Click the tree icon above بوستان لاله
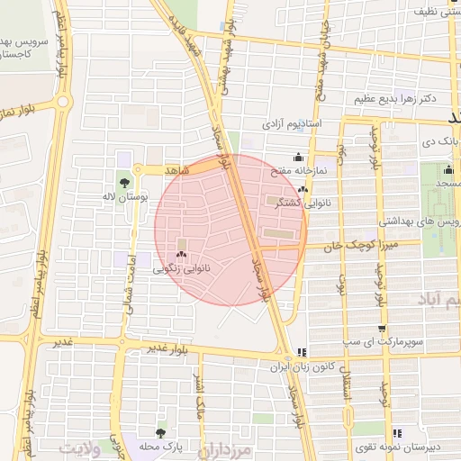tap(123, 182)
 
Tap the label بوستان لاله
tap(122, 195)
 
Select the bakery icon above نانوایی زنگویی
tap(182, 256)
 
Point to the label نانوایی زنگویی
tap(182, 268)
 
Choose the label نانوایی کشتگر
tap(306, 203)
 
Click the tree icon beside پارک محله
tap(160, 434)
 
